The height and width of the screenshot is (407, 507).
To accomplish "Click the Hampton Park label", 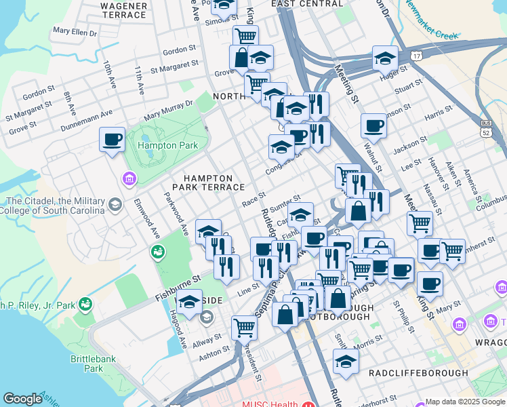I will pos(167,145).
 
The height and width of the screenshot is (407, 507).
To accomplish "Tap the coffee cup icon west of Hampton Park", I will pos(112,140).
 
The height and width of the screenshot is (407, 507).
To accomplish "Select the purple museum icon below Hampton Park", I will pos(128,178).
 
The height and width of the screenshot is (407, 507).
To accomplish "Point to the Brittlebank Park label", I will pos(85,364).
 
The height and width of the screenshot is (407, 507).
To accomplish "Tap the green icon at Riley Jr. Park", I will pos(85,304).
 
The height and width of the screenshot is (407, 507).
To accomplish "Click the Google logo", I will pos(23,400).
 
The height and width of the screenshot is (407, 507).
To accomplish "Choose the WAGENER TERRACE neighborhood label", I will pos(123,9).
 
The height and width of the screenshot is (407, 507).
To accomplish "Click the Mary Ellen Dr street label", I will pos(75,31).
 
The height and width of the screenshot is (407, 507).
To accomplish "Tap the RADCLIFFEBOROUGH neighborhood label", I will pos(418,373).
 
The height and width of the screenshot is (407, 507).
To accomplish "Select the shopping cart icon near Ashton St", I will pos(244,328).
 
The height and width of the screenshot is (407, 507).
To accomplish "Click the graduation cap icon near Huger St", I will pos(384,58).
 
